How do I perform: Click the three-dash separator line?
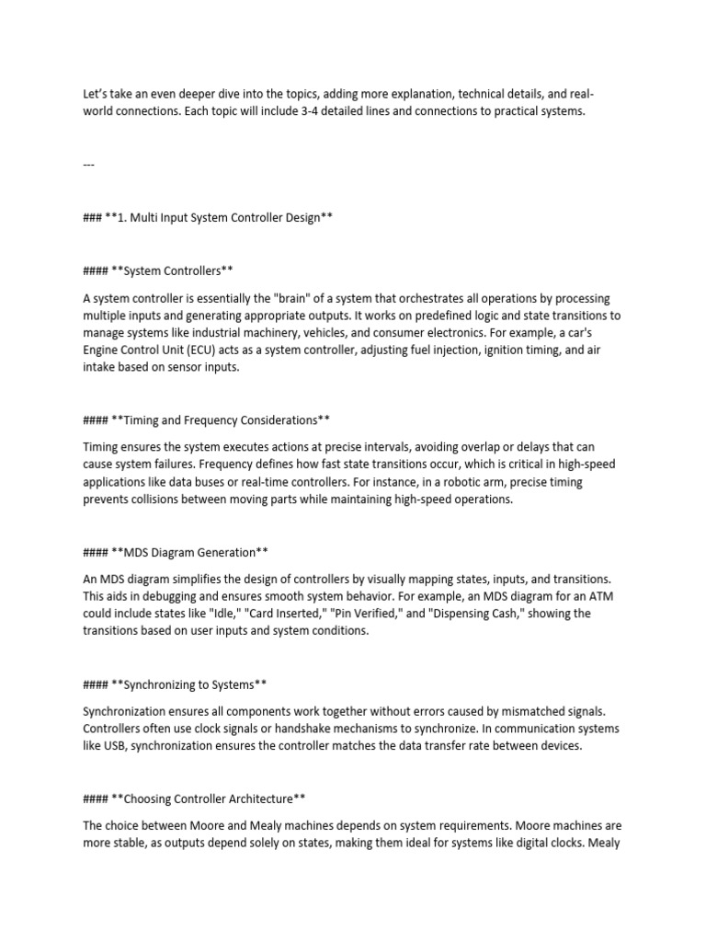(89, 165)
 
